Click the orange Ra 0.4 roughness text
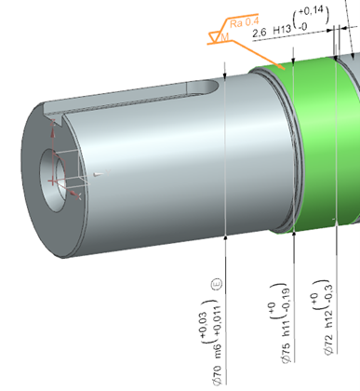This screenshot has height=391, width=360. [244, 22]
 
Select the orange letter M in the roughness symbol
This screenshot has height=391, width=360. [225, 37]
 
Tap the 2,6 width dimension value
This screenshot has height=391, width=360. [260, 33]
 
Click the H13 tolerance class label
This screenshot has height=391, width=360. [282, 30]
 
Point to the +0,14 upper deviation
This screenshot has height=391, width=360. [311, 11]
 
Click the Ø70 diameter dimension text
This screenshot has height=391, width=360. [218, 375]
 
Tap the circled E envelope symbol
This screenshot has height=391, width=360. [217, 284]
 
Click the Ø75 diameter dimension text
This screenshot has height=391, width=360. [287, 353]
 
